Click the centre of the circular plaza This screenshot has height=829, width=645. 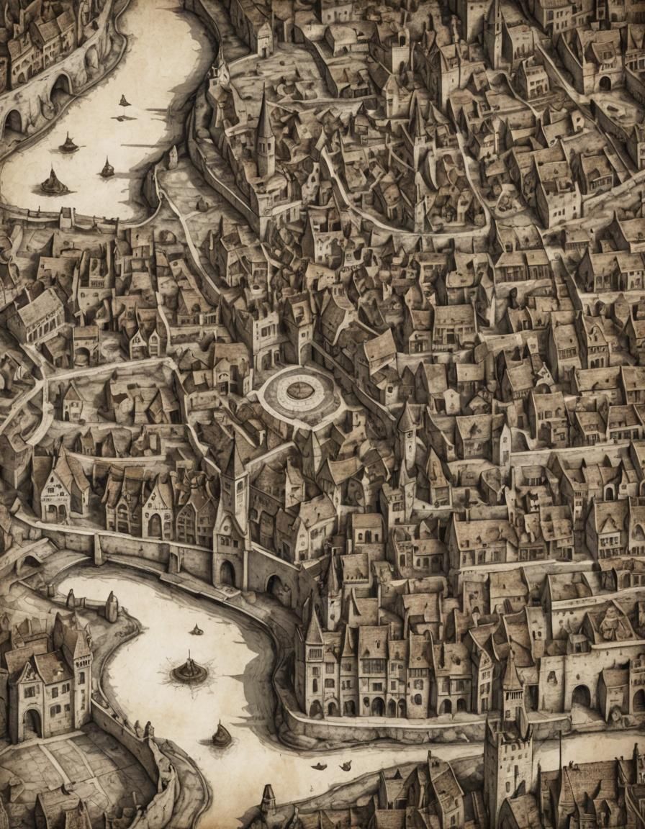[x=300, y=391]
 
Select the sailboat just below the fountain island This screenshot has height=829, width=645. [x=222, y=735]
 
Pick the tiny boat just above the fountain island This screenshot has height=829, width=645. [x=197, y=631]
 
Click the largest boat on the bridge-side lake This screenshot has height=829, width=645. [x=54, y=183]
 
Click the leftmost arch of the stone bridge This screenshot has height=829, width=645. [x=13, y=121]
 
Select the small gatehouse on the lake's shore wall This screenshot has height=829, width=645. [x=67, y=217]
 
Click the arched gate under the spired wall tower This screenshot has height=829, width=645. [x=227, y=573]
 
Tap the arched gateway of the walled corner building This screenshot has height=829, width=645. [x=605, y=83]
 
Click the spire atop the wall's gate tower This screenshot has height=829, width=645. [x=235, y=461]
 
